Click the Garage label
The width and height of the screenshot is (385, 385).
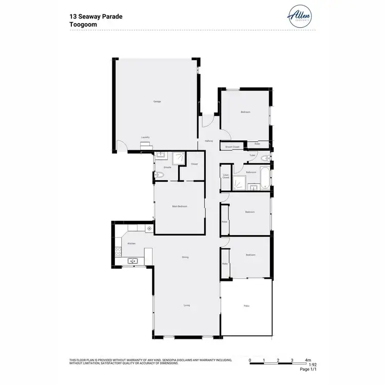(157, 102)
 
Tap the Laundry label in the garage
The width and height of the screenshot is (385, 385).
(145, 138)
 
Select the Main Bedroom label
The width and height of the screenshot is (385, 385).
(179, 206)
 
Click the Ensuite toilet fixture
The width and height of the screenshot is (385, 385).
(159, 176)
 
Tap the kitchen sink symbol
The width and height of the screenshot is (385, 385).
(132, 261)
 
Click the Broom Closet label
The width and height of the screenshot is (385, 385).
(233, 147)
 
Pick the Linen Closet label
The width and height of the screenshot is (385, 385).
(226, 177)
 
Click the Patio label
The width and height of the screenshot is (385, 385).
(246, 306)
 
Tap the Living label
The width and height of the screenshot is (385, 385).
(186, 305)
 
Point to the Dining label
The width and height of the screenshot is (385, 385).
(185, 257)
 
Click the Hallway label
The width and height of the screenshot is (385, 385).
(209, 141)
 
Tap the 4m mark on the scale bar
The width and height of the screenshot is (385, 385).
(308, 361)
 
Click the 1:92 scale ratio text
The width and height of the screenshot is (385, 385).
(312, 365)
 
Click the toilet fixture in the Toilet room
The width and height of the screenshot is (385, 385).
(265, 158)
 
